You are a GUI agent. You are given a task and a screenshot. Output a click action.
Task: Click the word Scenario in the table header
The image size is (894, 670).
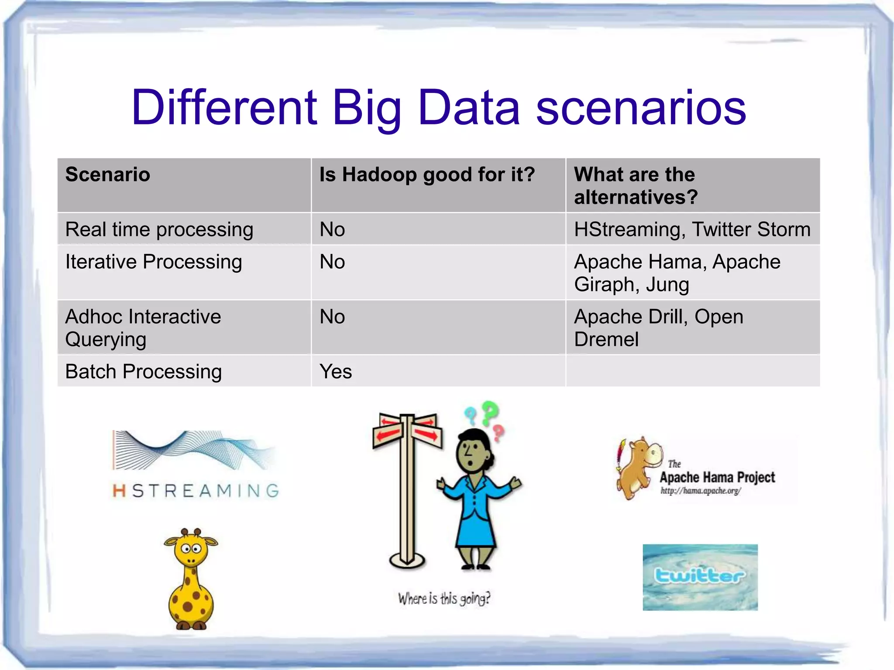(x=107, y=174)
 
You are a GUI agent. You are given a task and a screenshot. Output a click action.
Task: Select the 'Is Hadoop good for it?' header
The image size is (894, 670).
(x=427, y=174)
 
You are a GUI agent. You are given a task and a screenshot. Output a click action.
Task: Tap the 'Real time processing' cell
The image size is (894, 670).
(x=159, y=229)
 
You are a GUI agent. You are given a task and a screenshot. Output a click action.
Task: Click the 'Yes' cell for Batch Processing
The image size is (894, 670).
(x=335, y=372)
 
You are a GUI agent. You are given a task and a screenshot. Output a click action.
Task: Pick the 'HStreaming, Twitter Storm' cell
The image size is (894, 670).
(x=692, y=229)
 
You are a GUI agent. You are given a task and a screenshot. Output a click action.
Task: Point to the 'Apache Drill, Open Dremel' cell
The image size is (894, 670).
(x=658, y=328)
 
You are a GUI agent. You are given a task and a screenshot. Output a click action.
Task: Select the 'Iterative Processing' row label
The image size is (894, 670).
(x=154, y=262)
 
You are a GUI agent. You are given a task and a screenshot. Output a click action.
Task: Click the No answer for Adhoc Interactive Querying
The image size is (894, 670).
(x=332, y=317)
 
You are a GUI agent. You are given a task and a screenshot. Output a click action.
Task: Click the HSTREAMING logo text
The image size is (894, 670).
(x=196, y=491)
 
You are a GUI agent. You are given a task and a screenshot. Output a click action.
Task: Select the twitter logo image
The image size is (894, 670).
(x=700, y=577)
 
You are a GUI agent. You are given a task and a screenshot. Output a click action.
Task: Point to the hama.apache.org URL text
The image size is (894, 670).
(x=700, y=491)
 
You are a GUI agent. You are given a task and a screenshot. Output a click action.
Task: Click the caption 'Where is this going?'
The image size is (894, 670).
(x=444, y=598)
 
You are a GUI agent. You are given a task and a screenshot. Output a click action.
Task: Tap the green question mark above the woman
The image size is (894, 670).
(x=490, y=412)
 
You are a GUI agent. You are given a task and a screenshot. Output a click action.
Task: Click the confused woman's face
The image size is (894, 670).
(x=471, y=454)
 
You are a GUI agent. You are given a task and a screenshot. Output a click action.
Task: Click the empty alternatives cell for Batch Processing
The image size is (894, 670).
(x=692, y=372)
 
